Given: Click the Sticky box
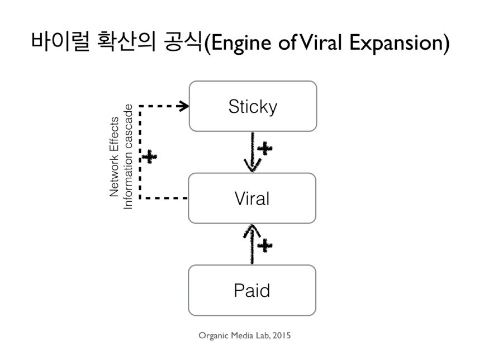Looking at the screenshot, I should click(253, 106).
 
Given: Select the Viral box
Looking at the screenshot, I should click(252, 198).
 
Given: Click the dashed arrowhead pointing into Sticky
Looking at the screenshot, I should click(183, 106).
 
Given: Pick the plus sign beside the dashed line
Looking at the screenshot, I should click(149, 156).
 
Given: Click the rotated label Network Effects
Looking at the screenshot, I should click(115, 157).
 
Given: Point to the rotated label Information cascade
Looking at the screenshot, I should click(128, 157).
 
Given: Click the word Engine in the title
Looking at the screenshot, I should click(239, 44).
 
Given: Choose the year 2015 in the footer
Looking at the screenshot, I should click(281, 335).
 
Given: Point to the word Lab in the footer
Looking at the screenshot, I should click(260, 335).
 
